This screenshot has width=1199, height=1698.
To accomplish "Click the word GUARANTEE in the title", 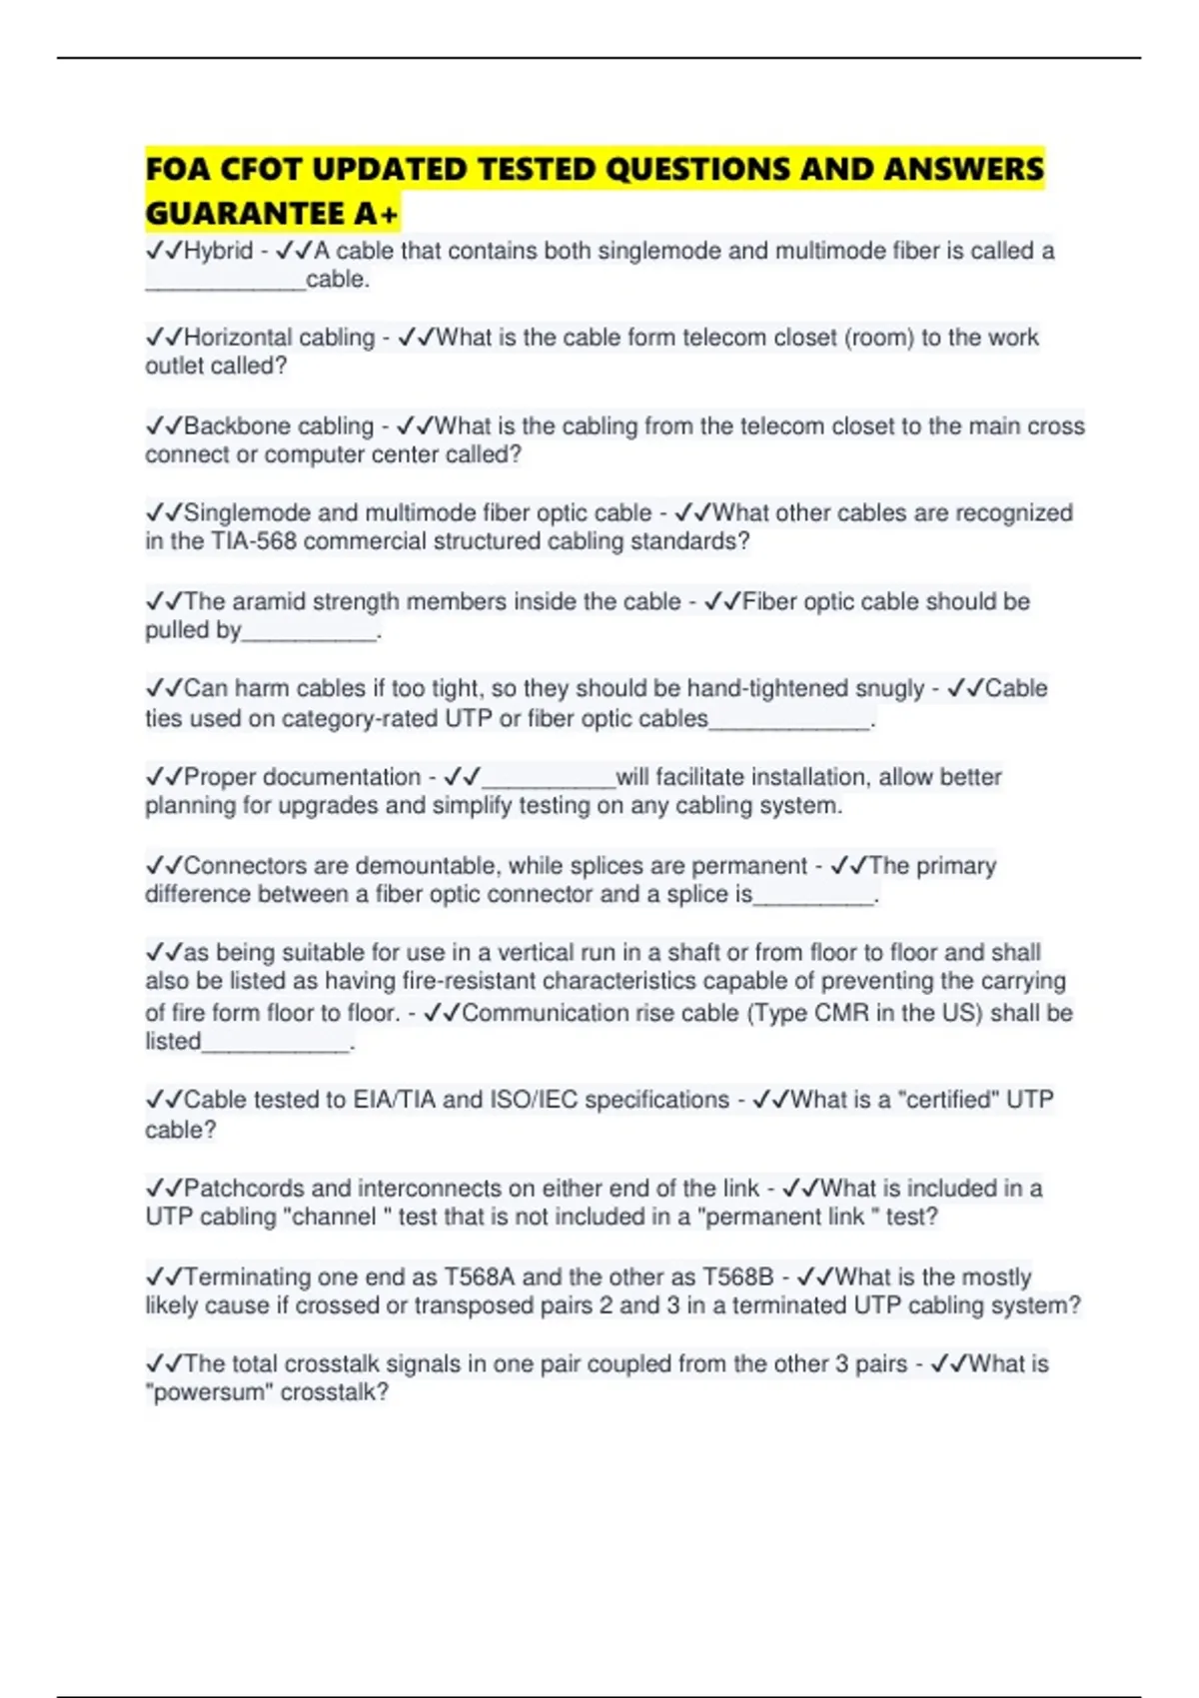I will click(x=245, y=214).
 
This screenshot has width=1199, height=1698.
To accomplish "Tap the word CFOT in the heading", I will click(x=260, y=170).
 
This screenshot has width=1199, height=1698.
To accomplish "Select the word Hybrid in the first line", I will click(x=218, y=251).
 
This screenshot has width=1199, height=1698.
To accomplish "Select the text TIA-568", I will click(x=253, y=541).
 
